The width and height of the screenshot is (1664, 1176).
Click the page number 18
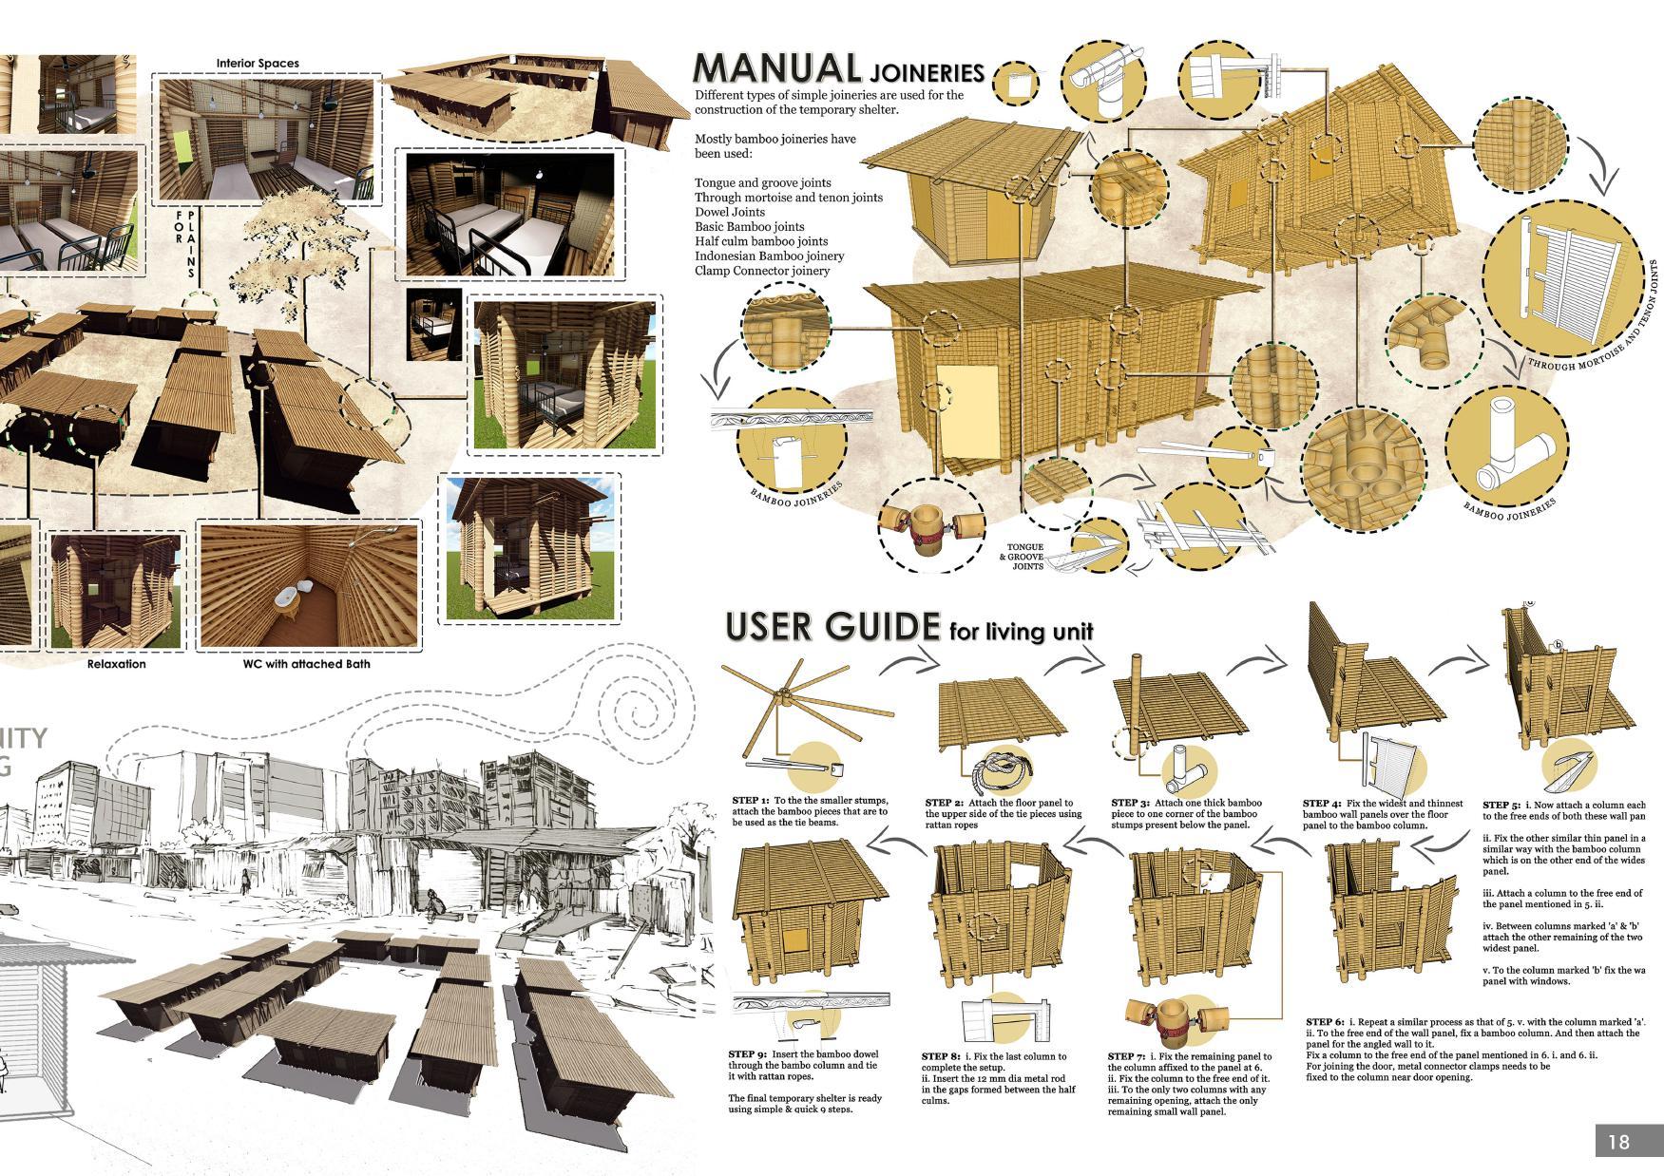(1618, 1141)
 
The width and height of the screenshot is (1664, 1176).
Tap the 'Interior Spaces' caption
(258, 63)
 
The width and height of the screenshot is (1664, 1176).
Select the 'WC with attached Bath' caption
(307, 664)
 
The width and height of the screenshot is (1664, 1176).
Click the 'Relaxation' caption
(117, 664)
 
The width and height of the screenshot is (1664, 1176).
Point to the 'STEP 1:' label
(751, 801)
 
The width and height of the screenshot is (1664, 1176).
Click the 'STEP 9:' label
(747, 1053)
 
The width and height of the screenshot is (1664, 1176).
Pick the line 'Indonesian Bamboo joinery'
(769, 256)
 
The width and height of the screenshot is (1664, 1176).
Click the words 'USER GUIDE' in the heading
(832, 627)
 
